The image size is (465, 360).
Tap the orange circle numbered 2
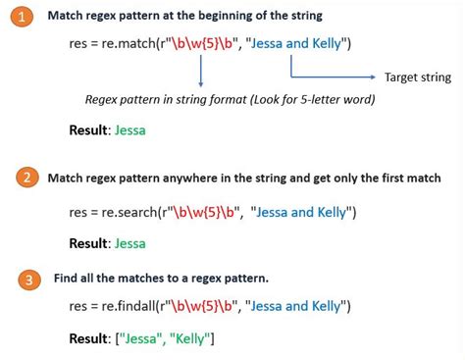pyautogui.click(x=28, y=178)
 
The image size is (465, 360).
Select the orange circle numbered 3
pyautogui.click(x=31, y=280)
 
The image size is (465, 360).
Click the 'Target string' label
pyautogui.click(x=417, y=77)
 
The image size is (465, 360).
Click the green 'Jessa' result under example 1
pyautogui.click(x=131, y=129)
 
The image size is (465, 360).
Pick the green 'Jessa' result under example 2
pyautogui.click(x=130, y=242)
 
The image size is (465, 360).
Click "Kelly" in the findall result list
pyautogui.click(x=189, y=339)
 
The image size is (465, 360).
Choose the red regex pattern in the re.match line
pyautogui.click(x=204, y=46)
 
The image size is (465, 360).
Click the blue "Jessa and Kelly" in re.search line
pyautogui.click(x=305, y=211)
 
